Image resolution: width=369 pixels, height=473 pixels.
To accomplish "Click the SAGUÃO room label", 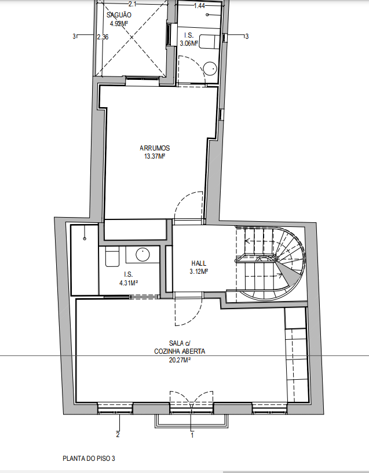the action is coord(119,15).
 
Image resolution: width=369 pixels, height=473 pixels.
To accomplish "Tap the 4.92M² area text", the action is coord(119,24).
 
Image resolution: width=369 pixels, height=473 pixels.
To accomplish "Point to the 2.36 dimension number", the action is coord(103,37).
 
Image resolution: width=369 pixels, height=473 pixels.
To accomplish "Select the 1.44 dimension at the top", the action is coord(199,6).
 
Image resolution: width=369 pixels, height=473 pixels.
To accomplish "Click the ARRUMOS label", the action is coord(155,148).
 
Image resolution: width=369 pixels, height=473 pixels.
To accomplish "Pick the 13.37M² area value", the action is coord(155,156).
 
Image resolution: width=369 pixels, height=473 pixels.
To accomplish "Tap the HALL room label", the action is coord(199,263).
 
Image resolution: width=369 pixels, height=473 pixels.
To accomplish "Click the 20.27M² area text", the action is coord(180,360).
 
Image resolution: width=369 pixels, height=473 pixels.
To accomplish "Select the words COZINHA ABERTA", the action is coord(180,351).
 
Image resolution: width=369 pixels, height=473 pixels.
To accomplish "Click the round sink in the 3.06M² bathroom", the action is coord(210,69).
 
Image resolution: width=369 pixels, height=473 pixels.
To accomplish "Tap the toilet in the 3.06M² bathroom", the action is coord(210,42).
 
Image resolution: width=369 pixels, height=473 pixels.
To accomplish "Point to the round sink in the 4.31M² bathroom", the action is coord(143,255).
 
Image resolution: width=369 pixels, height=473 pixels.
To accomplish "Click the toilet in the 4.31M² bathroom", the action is coord(112,256).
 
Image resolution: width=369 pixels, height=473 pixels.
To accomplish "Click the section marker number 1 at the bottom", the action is coord(192,435).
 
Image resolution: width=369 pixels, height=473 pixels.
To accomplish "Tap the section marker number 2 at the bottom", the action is coord(118,435).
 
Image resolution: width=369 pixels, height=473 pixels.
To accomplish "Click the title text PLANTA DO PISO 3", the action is coord(89,459).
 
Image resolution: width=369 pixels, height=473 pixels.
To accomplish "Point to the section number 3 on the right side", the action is coord(247,36).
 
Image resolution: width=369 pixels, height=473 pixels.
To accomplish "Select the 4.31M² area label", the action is coord(129,283).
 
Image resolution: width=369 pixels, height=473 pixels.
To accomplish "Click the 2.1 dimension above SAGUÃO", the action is coord(133,4).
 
